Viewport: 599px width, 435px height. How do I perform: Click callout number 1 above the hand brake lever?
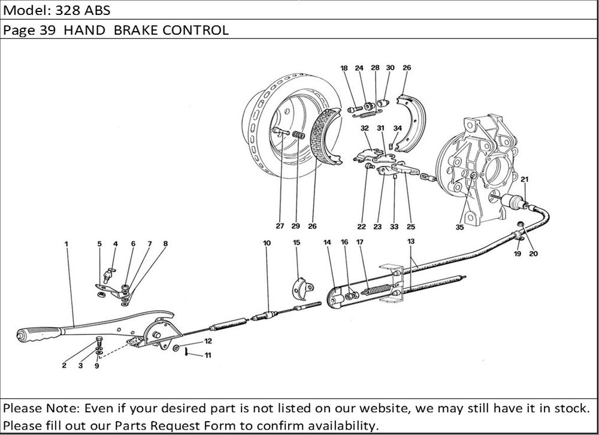(x=66, y=244)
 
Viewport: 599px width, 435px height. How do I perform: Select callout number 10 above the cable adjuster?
(x=267, y=243)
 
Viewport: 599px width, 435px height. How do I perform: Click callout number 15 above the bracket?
(x=296, y=243)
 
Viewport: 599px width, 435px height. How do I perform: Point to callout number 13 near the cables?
(x=410, y=241)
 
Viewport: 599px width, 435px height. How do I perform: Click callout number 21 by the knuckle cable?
(x=524, y=180)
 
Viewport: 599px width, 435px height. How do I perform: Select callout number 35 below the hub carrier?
(x=459, y=228)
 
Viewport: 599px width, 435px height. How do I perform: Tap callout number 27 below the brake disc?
(x=280, y=226)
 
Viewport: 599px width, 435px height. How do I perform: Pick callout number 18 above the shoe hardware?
(x=344, y=68)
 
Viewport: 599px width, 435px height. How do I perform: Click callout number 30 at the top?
(x=390, y=68)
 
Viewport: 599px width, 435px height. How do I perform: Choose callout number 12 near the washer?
(x=208, y=341)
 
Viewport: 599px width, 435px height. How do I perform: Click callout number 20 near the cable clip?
(x=533, y=253)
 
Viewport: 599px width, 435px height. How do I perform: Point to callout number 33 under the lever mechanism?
(x=394, y=227)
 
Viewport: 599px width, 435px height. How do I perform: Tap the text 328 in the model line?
(x=64, y=11)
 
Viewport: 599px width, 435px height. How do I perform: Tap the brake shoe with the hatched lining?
(x=326, y=138)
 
